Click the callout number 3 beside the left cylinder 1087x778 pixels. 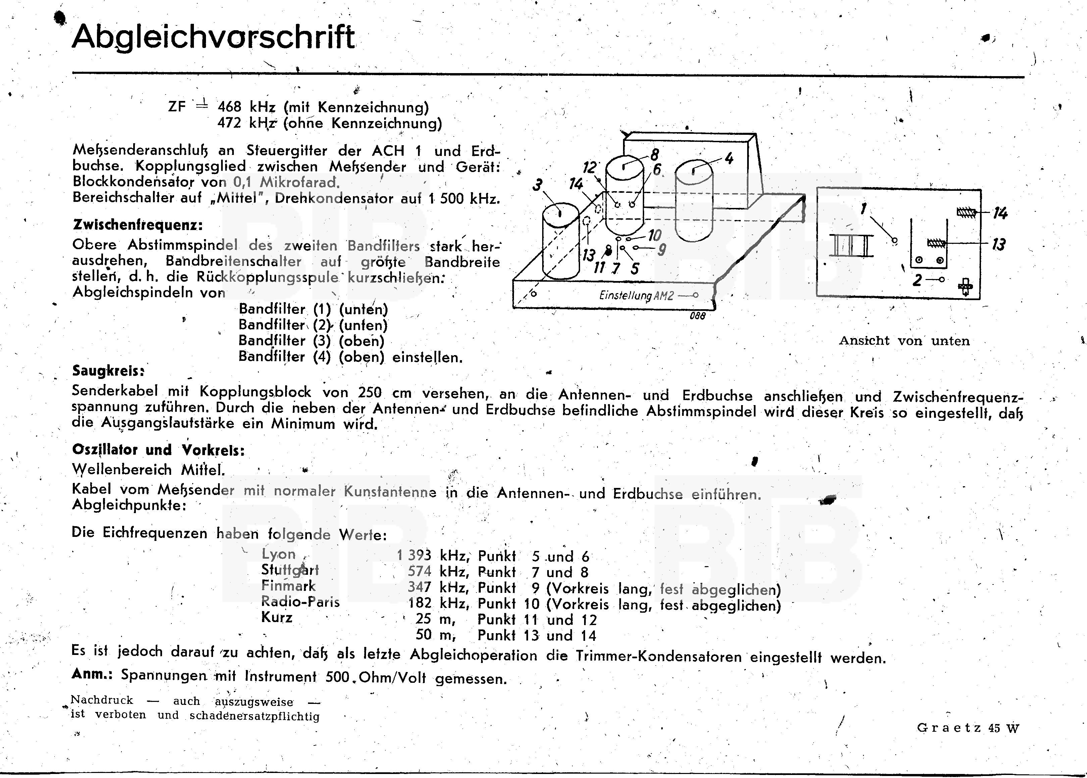point(538,185)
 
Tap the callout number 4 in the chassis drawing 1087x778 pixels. point(729,158)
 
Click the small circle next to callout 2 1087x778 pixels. point(942,279)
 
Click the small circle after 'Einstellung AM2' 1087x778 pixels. point(695,295)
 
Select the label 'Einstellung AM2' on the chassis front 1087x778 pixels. point(636,295)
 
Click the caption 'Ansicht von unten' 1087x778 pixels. point(904,341)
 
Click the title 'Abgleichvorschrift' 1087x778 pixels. point(213,37)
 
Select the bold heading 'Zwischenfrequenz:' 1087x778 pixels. point(138,225)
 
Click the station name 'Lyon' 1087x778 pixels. point(278,554)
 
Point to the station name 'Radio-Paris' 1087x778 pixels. point(300,602)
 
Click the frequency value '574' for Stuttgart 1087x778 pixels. point(419,571)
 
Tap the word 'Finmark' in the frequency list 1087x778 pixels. point(288,586)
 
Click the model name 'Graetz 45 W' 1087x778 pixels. point(968,728)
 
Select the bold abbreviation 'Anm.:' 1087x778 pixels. point(92,674)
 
